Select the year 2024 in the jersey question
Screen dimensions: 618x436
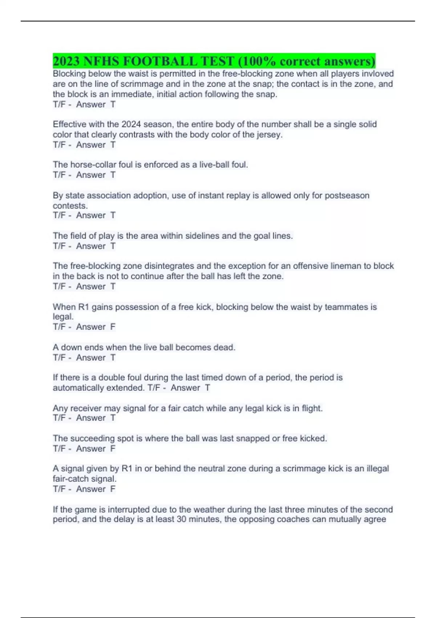click(131, 124)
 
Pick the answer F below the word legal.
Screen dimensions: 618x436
click(113, 327)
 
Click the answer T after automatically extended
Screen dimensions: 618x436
click(207, 388)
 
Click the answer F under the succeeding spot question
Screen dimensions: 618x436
click(113, 449)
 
